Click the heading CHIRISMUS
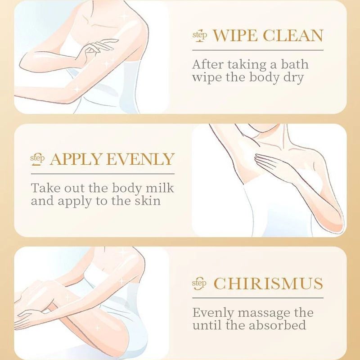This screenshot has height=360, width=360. tap(268, 283)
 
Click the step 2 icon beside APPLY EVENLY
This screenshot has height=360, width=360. tap(38, 159)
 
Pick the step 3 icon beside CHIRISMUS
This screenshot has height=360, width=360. tap(199, 283)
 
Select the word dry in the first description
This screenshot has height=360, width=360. tap(292, 77)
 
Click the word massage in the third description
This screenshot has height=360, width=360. tap(265, 312)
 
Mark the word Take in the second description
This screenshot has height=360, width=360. tap(44, 187)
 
